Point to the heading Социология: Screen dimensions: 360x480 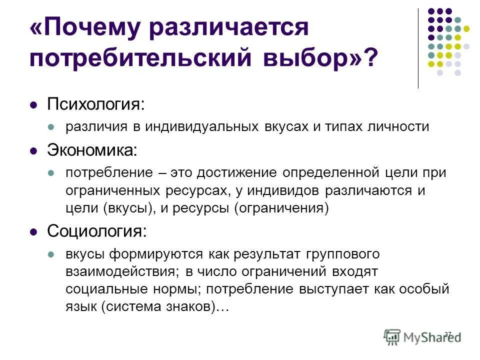pos(97,231)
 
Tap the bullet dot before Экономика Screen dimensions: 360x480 pos(34,149)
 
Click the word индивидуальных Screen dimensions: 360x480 pos(201,126)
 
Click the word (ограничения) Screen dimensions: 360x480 pos(281,208)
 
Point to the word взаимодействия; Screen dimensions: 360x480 pos(122,271)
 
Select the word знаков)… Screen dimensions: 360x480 pos(196,307)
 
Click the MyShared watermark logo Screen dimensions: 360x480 pos(422,336)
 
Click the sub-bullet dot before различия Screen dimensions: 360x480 pos(50,127)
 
